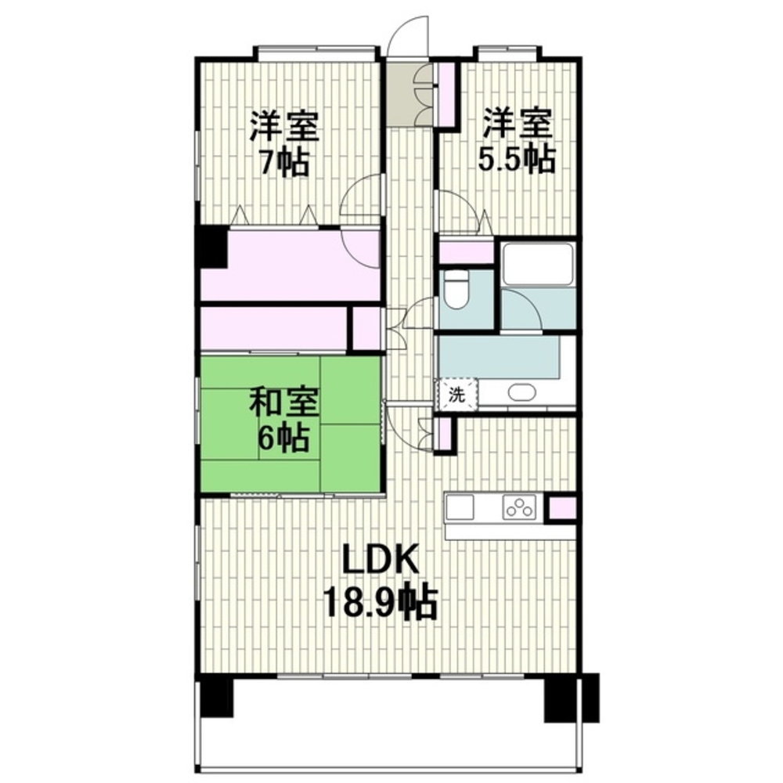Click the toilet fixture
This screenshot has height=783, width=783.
pos(456,289)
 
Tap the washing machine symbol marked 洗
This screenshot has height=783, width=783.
pos(456,395)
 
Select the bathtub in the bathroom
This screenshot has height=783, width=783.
pos(539,264)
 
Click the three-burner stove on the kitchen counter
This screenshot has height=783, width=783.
pos(519,507)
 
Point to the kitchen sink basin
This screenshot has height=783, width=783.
pos(460,507)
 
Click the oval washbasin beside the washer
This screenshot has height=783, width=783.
pos(521,392)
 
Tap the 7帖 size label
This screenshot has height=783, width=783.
pos(284,161)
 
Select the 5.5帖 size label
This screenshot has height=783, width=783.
pos(516,158)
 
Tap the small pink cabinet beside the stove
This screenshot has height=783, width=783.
pos(562,508)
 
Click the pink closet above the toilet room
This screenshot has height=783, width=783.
pos(467,251)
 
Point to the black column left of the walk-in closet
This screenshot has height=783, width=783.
pos(213,247)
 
